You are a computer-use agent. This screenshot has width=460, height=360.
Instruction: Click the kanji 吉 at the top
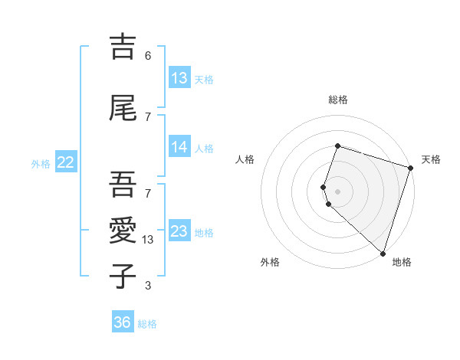[123, 46]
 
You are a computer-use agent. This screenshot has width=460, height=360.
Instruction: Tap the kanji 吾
[123, 185]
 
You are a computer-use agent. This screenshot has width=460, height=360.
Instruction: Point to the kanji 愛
[123, 231]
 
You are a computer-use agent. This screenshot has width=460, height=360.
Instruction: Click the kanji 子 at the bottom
[123, 277]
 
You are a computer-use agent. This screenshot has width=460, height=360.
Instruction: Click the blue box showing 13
[179, 78]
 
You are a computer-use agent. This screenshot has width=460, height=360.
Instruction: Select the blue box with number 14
[179, 147]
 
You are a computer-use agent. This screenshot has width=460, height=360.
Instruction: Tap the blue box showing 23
[179, 231]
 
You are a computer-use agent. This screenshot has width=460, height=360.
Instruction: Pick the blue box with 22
[66, 162]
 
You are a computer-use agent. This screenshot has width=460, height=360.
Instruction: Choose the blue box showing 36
[123, 322]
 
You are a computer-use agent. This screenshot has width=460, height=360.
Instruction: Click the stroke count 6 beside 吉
[148, 55]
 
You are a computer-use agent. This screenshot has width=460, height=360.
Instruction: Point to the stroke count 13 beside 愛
[149, 240]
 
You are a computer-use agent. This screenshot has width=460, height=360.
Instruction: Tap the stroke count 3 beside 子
[148, 286]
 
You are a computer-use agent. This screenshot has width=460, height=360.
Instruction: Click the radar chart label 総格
[338, 100]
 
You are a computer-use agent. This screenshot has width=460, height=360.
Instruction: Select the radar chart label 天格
[431, 159]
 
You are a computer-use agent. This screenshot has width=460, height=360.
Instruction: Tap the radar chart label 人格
[245, 159]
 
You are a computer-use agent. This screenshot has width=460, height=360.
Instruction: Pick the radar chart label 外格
[270, 262]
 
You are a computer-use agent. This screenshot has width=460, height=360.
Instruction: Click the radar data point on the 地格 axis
[383, 253]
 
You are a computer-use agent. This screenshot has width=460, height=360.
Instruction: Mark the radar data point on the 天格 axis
[410, 168]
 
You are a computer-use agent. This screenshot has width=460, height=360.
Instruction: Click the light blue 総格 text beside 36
[147, 323]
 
